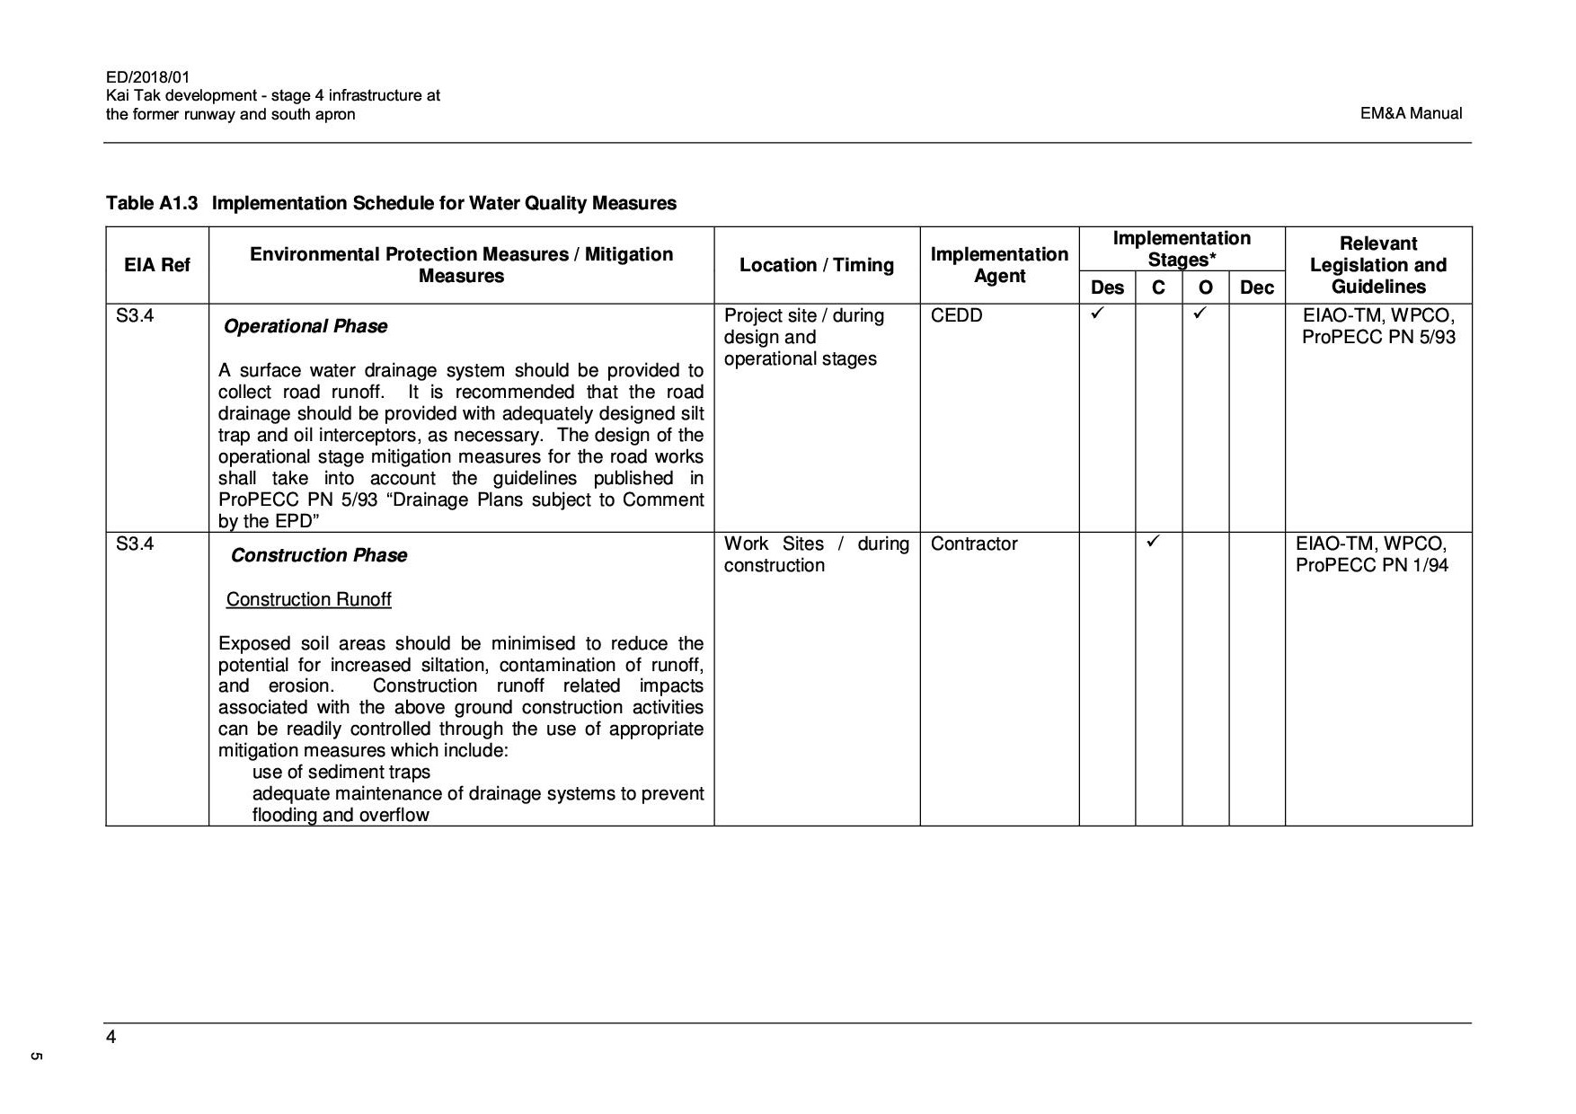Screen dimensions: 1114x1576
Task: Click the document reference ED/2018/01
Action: point(147,77)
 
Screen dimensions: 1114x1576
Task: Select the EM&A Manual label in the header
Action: point(1411,113)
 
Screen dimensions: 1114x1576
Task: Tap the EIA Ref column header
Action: point(157,265)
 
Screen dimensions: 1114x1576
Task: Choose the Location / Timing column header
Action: point(816,265)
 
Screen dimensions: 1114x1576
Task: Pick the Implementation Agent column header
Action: point(999,265)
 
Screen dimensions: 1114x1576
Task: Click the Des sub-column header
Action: point(1106,287)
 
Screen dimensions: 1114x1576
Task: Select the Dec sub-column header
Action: point(1256,287)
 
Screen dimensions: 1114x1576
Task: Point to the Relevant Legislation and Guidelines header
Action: point(1377,265)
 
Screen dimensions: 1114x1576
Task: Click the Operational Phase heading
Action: point(305,326)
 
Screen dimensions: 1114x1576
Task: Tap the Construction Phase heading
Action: point(319,555)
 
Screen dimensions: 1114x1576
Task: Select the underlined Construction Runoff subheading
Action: point(308,599)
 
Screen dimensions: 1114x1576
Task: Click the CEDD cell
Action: point(956,315)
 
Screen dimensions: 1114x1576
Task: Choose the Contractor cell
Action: point(974,544)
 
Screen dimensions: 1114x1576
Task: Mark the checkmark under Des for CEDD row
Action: point(1096,314)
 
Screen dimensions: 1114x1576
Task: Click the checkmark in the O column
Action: point(1200,314)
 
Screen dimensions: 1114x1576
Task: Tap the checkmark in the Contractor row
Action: point(1154,541)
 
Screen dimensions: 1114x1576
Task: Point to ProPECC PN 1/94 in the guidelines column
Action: point(1371,565)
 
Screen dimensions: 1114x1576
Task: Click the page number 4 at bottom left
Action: point(111,1038)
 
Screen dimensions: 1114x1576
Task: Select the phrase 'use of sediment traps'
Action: point(341,772)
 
